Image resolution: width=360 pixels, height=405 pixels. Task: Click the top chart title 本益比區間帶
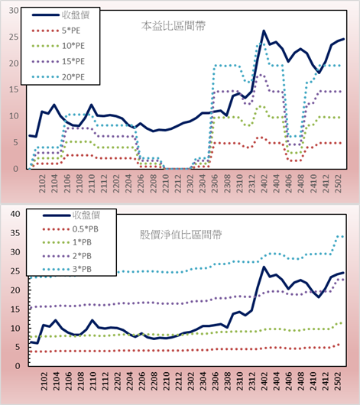(x=174, y=26)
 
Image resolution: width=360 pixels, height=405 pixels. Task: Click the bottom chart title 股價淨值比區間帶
(x=180, y=235)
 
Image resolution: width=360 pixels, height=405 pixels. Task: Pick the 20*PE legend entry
(x=58, y=77)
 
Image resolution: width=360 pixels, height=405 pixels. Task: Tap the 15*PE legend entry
(x=58, y=61)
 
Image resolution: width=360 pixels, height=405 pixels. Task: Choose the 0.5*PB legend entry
(x=70, y=229)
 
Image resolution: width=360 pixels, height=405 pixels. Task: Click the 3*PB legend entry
(x=67, y=269)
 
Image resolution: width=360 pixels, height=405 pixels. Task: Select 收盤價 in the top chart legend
(x=60, y=15)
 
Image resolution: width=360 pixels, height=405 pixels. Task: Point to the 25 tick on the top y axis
(x=14, y=37)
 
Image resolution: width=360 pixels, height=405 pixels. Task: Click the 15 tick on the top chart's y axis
(x=14, y=89)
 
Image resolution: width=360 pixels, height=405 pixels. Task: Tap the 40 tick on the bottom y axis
(x=15, y=214)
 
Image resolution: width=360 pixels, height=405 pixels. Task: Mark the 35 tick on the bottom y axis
(x=15, y=233)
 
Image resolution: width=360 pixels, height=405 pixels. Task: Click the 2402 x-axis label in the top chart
(x=264, y=183)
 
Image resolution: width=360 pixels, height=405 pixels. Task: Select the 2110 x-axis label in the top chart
(x=92, y=183)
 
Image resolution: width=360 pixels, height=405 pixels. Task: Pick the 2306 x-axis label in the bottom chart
(x=215, y=381)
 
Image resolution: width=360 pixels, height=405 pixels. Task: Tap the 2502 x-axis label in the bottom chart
(x=338, y=381)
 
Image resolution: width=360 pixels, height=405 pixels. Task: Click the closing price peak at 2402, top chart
(x=264, y=31)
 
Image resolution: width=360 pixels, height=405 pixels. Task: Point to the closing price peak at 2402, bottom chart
(x=264, y=267)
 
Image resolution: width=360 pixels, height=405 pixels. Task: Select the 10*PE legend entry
(x=58, y=46)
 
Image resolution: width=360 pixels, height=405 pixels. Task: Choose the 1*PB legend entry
(x=67, y=242)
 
